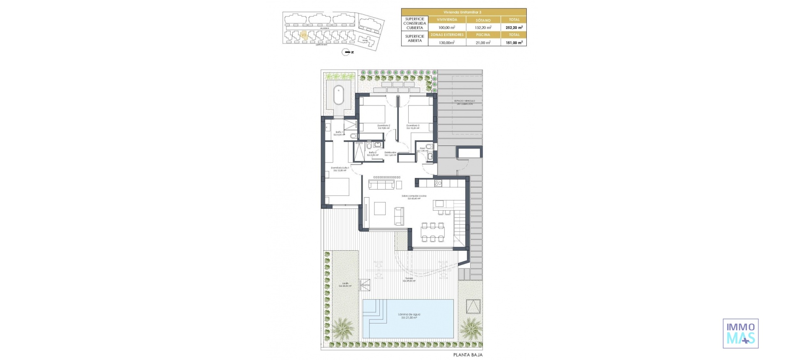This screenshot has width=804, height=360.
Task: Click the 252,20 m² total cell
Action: point(514,27)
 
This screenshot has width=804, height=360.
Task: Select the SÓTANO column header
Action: point(483,20)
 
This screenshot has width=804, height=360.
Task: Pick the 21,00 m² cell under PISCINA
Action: point(483,43)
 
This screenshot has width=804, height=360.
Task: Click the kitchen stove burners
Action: point(438,183)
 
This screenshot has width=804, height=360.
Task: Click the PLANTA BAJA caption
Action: point(468,355)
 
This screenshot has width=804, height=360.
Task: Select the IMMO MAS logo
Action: point(740,333)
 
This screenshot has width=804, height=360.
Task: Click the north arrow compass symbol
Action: point(346,52)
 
